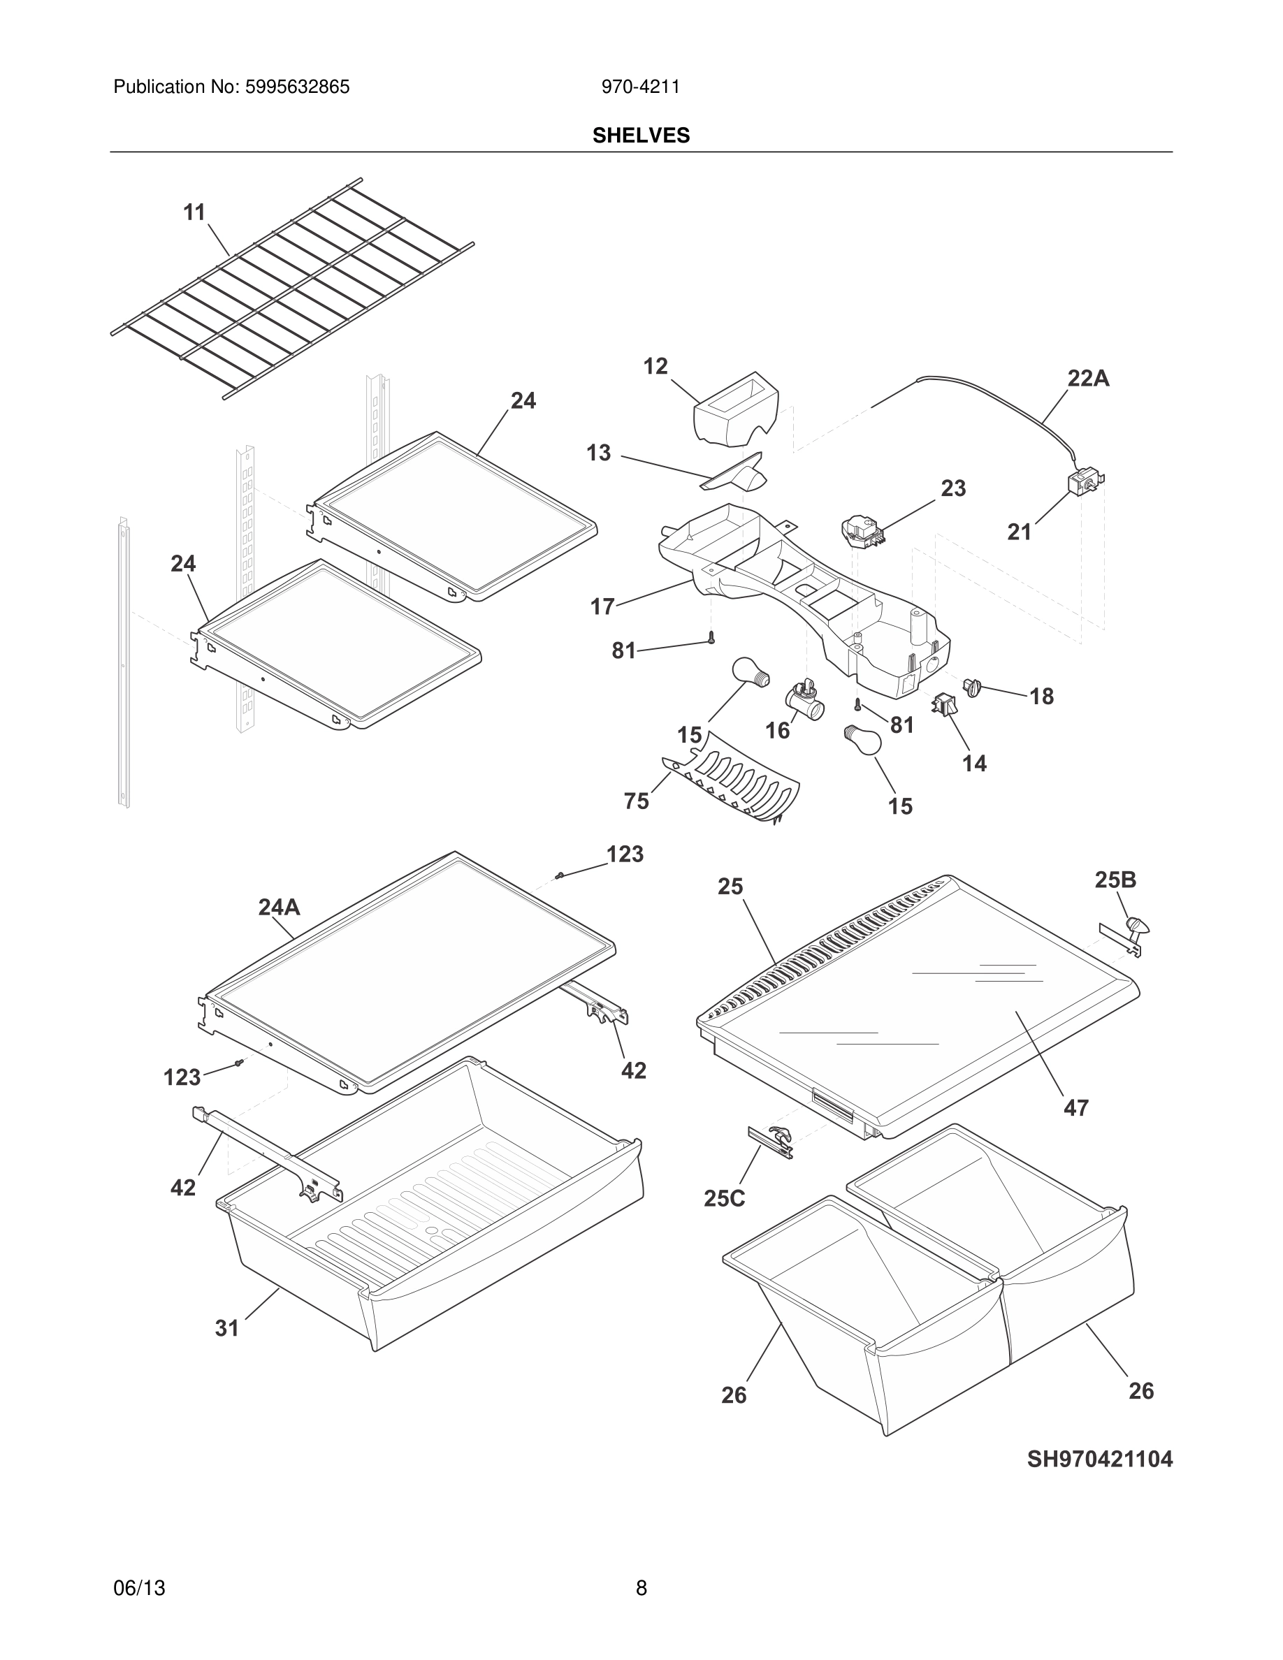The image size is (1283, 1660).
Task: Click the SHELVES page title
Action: point(641,136)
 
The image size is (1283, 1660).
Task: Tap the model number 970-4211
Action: point(641,87)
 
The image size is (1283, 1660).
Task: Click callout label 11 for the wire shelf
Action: point(194,213)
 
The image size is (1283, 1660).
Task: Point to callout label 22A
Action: point(1087,379)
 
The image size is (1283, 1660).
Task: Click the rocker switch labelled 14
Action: point(945,704)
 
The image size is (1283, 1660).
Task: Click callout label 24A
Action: point(279,907)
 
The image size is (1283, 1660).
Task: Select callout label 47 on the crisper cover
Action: point(1075,1107)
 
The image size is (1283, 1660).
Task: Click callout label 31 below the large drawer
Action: point(227,1328)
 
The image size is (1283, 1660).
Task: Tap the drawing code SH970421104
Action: point(1099,1459)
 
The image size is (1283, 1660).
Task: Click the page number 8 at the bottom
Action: point(641,1588)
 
